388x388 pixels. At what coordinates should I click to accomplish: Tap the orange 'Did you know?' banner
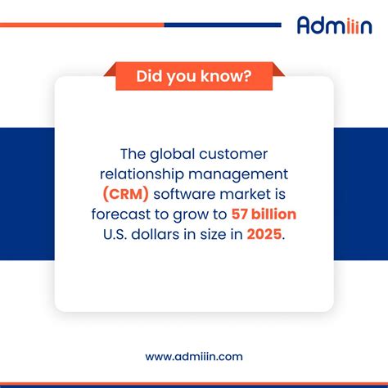194,78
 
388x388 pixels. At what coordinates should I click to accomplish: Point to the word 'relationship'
140,174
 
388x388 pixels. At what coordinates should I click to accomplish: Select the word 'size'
210,234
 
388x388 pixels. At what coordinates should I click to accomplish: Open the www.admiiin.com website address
194,356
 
